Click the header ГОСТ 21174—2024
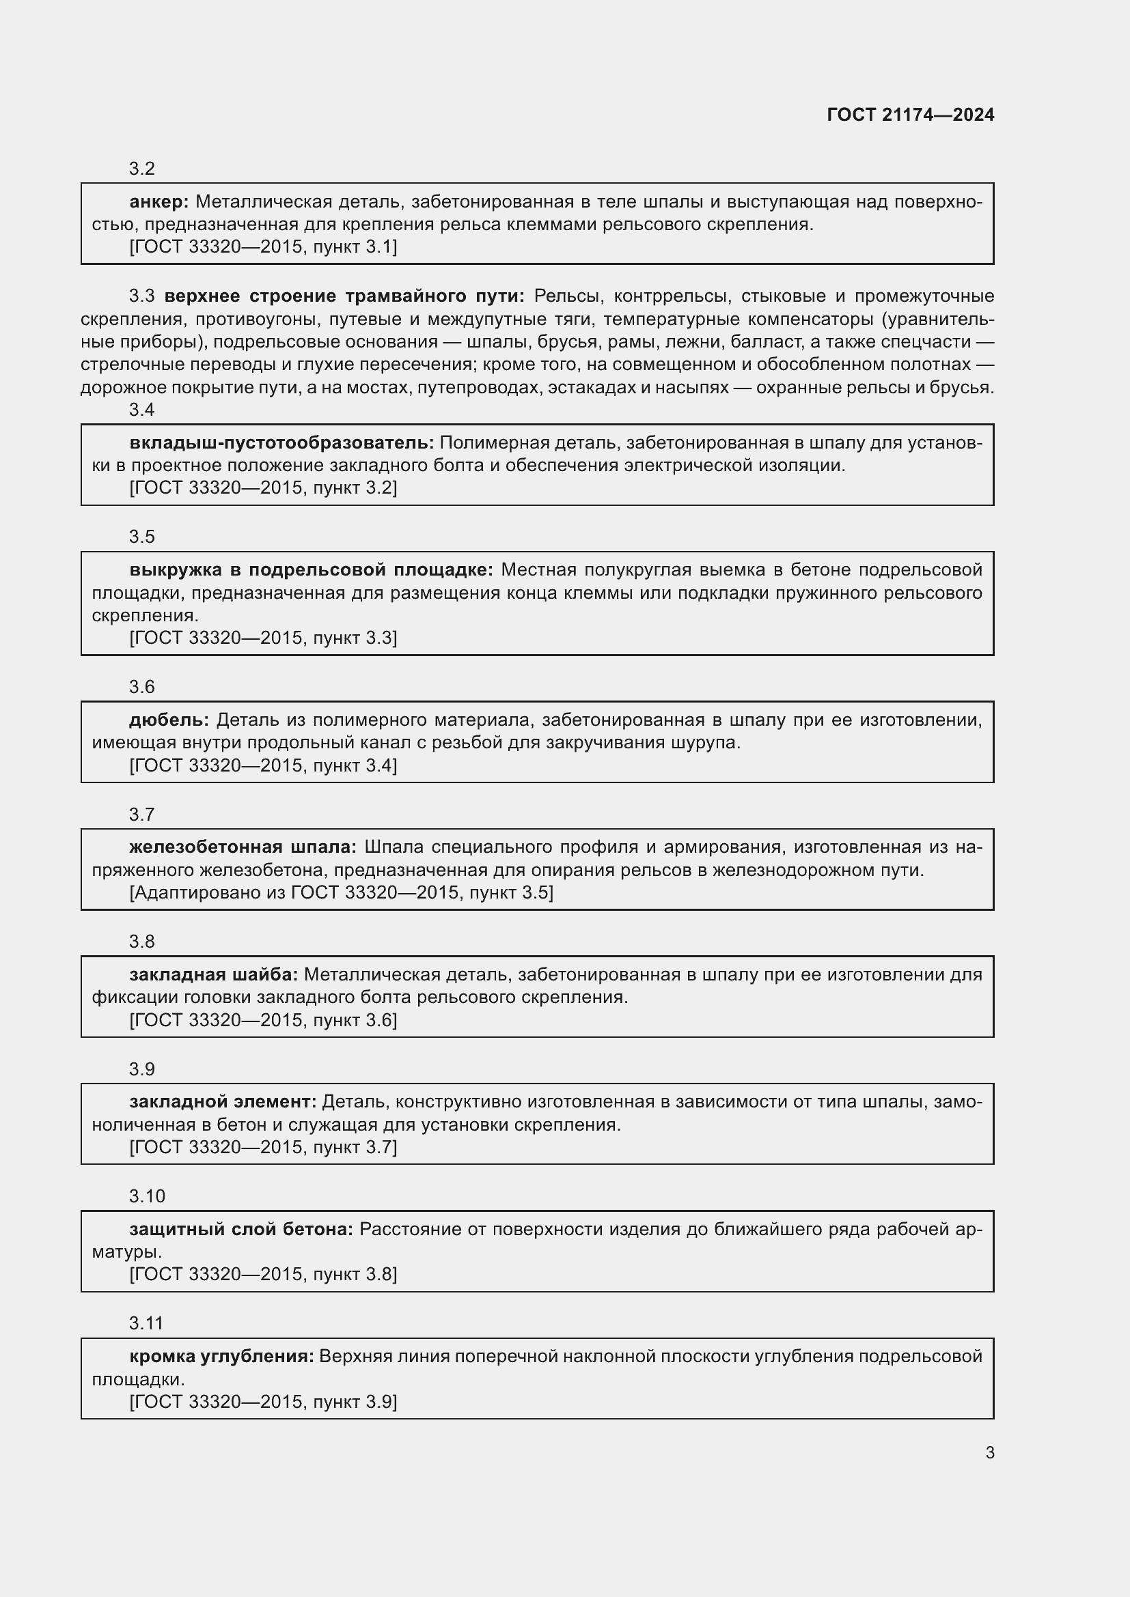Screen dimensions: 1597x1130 tap(910, 115)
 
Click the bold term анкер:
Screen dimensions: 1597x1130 tap(159, 201)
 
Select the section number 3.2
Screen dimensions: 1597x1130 tap(141, 169)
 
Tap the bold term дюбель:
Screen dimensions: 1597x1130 tap(169, 720)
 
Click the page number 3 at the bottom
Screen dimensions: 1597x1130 tap(989, 1453)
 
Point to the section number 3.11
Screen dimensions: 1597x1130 tap(146, 1323)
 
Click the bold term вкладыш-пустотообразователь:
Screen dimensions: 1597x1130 tap(281, 443)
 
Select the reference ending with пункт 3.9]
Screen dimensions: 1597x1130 tap(263, 1402)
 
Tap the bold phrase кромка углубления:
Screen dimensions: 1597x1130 tap(221, 1357)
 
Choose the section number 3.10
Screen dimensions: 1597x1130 tap(147, 1196)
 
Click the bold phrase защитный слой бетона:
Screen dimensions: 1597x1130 tap(240, 1229)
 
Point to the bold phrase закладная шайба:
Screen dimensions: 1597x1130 tap(213, 974)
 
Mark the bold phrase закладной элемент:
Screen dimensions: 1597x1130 tap(223, 1102)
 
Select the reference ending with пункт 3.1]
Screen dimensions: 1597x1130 tap(263, 247)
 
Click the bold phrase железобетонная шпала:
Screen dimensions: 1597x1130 tap(242, 847)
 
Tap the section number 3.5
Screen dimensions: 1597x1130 tap(141, 537)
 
